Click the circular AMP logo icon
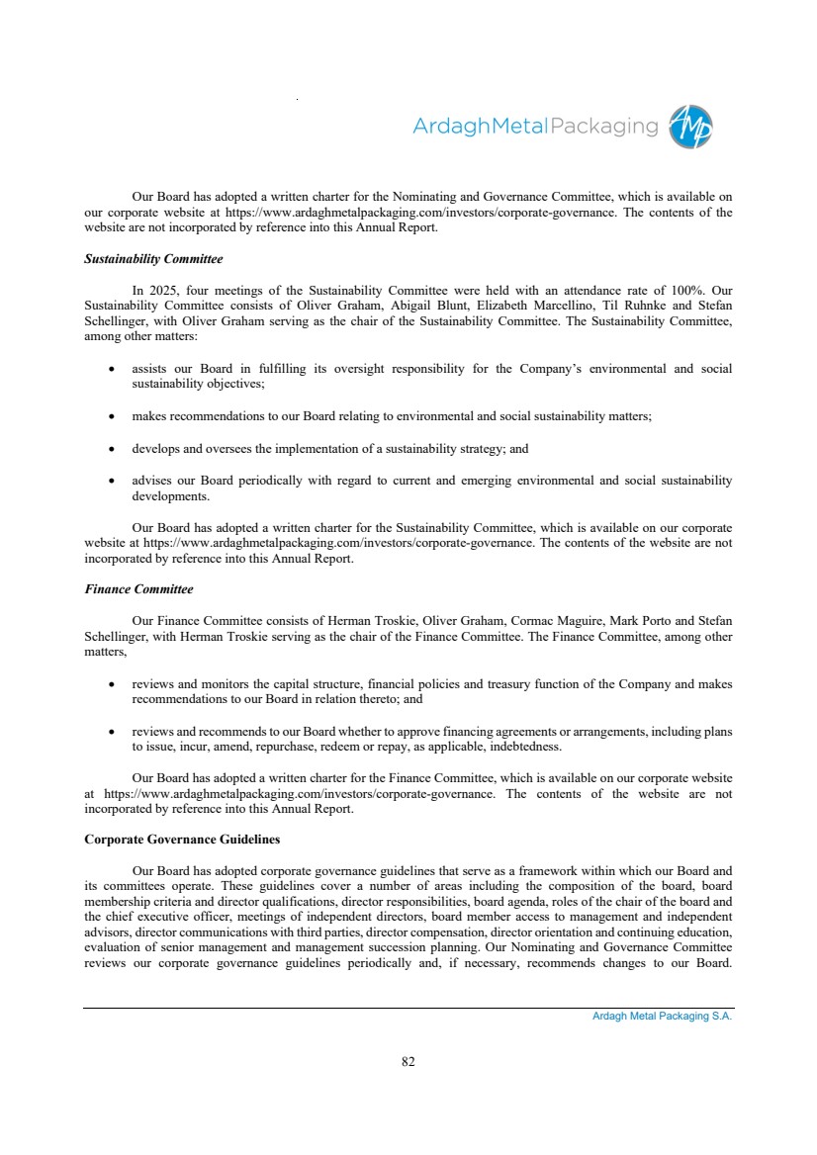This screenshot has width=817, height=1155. pos(690,128)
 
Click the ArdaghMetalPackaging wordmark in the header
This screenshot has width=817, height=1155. pos(534,127)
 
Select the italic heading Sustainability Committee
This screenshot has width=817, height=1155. pos(153,259)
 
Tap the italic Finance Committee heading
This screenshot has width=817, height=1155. pos(138,589)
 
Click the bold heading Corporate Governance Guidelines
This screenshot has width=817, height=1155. pos(182,840)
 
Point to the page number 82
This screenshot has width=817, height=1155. pos(408,1062)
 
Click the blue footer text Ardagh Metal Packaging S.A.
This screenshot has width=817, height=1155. pos(655,1017)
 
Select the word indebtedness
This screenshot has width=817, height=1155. pos(525,747)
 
